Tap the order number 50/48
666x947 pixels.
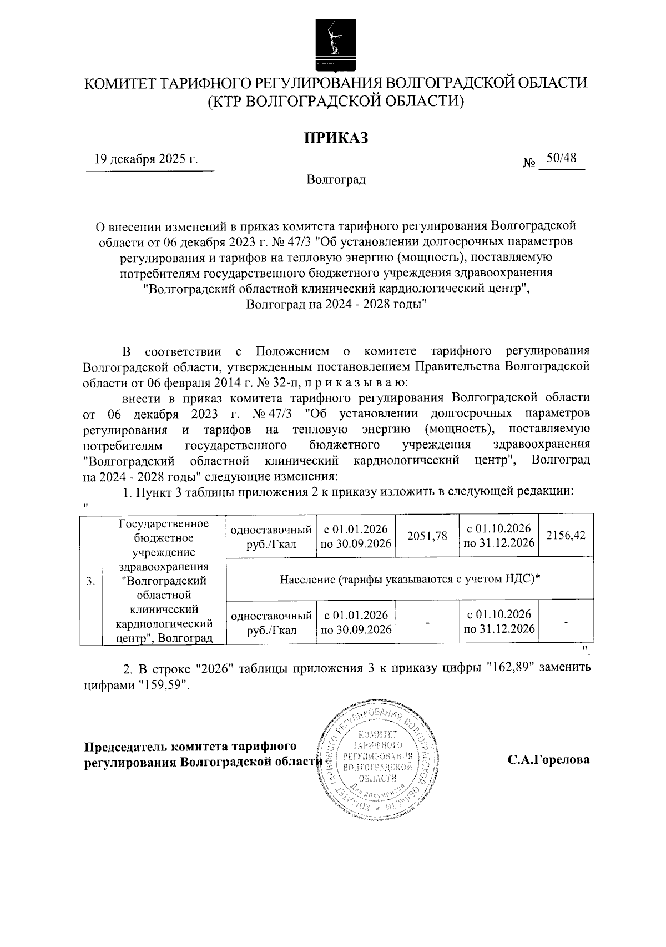(561, 158)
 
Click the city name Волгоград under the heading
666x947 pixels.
(336, 180)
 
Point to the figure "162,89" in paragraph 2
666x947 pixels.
(509, 668)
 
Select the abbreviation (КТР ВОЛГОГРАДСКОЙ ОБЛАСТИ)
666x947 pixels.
(335, 101)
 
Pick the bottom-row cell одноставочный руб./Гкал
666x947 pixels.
(271, 622)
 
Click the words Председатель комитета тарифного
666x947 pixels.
(189, 747)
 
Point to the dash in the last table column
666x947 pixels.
(566, 622)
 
